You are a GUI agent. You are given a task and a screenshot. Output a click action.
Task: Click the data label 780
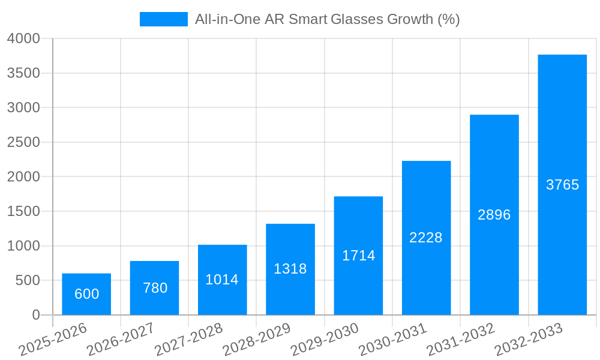pyautogui.click(x=155, y=288)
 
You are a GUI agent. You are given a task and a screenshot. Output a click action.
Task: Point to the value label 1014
pyautogui.click(x=222, y=280)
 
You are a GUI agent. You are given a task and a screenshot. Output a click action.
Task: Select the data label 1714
pyautogui.click(x=358, y=256)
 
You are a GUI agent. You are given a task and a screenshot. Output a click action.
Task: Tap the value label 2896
pyautogui.click(x=494, y=215)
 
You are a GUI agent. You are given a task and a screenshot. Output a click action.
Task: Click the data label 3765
pyautogui.click(x=562, y=185)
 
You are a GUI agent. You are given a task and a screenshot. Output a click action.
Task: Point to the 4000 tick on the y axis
pyautogui.click(x=23, y=38)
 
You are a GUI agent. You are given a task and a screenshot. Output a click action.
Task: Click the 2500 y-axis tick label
pyautogui.click(x=23, y=142)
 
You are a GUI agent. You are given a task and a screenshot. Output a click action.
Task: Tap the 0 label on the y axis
pyautogui.click(x=35, y=315)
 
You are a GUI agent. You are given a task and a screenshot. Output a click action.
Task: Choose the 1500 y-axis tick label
pyautogui.click(x=23, y=211)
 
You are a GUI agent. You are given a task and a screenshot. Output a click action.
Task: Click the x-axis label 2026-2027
pyautogui.click(x=121, y=340)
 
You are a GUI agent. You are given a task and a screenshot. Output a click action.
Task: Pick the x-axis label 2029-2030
pyautogui.click(x=325, y=340)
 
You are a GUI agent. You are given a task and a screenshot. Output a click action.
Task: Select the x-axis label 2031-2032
pyautogui.click(x=461, y=340)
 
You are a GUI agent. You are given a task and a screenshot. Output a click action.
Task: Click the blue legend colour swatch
pyautogui.click(x=163, y=19)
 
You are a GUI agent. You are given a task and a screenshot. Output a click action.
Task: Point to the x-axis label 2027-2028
pyautogui.click(x=188, y=340)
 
